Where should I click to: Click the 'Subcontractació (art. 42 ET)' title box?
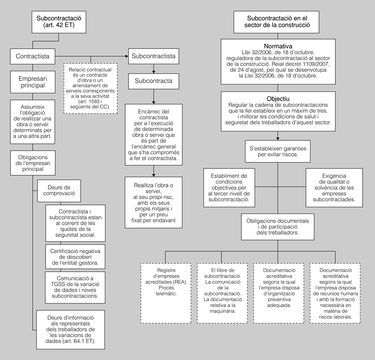59,22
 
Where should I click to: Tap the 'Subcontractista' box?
153,56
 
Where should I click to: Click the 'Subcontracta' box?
153,80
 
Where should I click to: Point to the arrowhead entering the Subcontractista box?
126,56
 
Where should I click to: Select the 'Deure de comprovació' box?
59,190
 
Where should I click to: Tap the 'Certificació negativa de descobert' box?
75,256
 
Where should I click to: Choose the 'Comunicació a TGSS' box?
75,287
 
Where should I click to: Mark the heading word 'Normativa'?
277,46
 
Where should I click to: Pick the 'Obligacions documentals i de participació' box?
277,226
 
